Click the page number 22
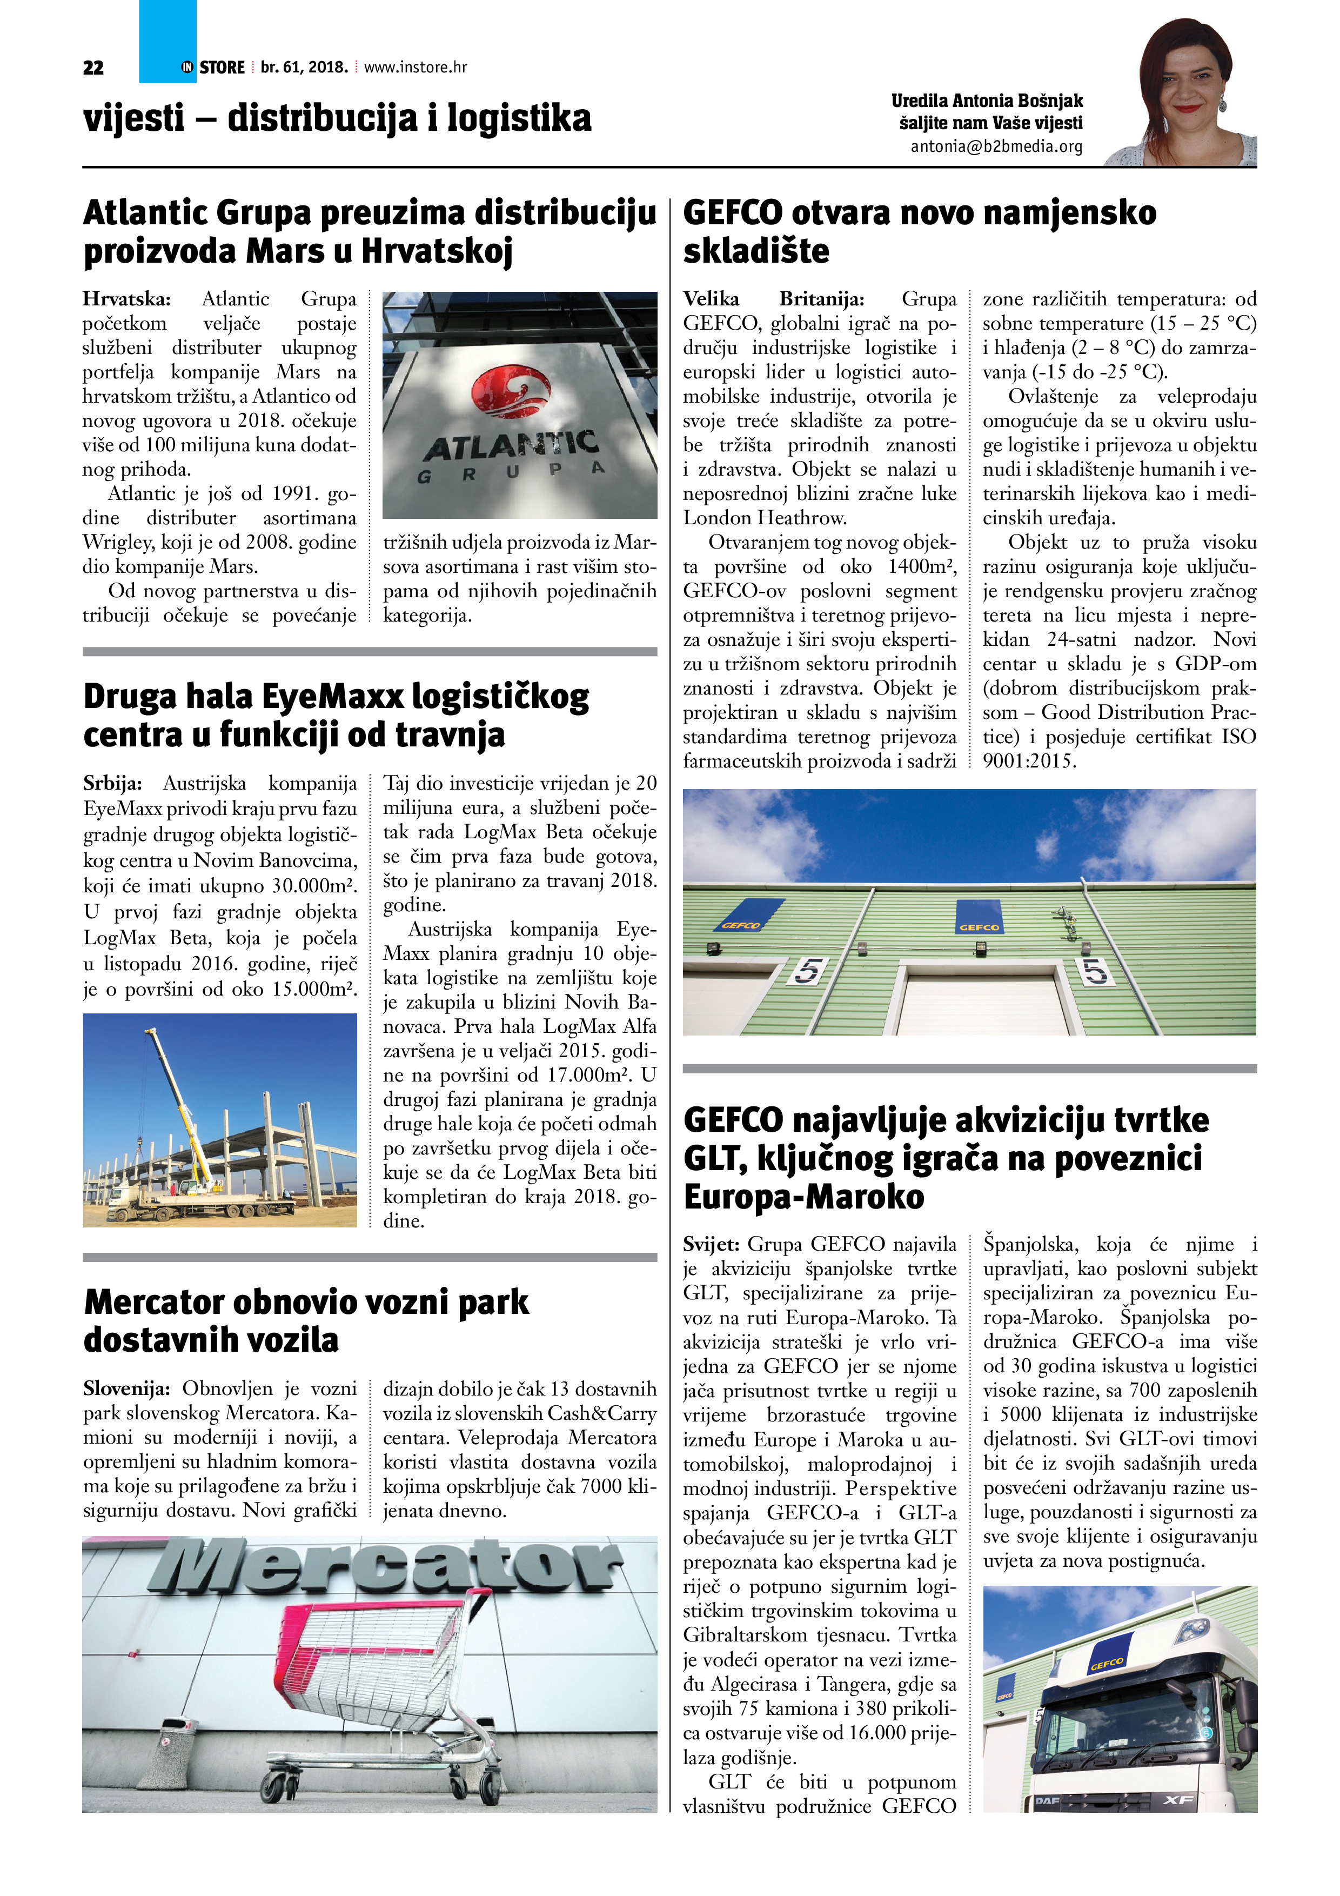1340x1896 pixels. pos(93,68)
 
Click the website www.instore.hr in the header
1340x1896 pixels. pos(416,68)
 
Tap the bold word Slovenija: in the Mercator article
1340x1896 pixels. pos(126,1389)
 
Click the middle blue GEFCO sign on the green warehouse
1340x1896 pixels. pos(979,917)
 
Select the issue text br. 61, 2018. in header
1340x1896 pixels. pos(304,68)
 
